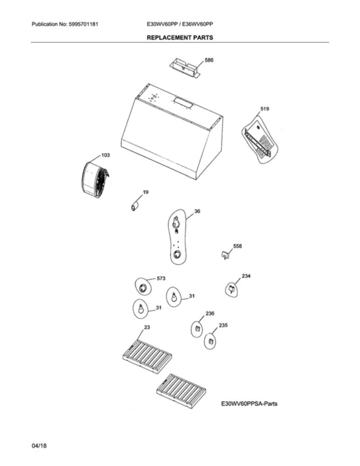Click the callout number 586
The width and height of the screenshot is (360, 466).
click(209, 60)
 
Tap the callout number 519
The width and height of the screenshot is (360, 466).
click(265, 109)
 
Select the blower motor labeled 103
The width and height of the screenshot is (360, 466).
click(95, 180)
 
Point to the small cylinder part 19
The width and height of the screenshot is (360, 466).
click(135, 206)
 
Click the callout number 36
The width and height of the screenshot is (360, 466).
click(197, 211)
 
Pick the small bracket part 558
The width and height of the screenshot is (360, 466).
click(226, 255)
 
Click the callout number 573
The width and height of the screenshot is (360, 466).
click(161, 279)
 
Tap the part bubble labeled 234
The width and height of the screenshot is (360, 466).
click(232, 289)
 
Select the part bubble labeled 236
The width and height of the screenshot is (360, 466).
click(197, 329)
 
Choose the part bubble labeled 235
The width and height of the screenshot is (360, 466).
click(210, 341)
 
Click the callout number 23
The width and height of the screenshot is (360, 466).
click(147, 327)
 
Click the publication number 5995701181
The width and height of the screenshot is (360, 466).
click(84, 24)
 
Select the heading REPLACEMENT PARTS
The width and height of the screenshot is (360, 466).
click(180, 37)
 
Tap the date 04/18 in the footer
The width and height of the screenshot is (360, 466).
click(39, 446)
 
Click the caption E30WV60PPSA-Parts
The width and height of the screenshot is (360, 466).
click(250, 404)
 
